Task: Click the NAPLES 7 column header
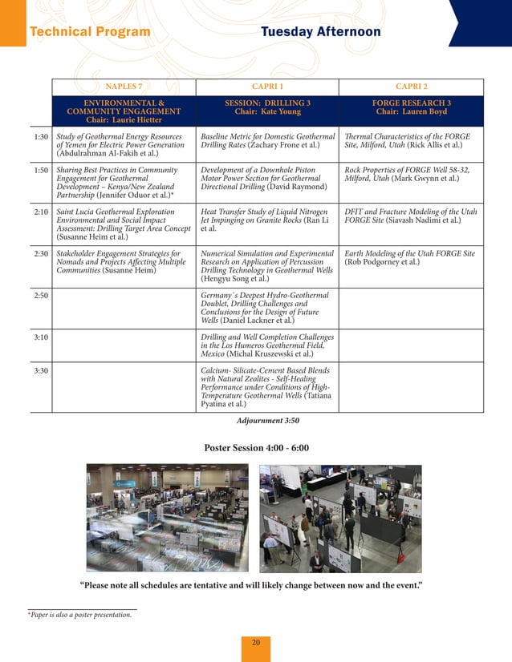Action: [124, 87]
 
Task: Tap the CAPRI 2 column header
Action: [411, 87]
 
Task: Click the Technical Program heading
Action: [89, 32]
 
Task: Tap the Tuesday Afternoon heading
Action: [320, 32]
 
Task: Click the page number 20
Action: [256, 643]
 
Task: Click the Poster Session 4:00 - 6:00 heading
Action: [256, 447]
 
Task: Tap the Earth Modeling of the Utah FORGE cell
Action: [409, 257]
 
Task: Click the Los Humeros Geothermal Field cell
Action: [267, 345]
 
